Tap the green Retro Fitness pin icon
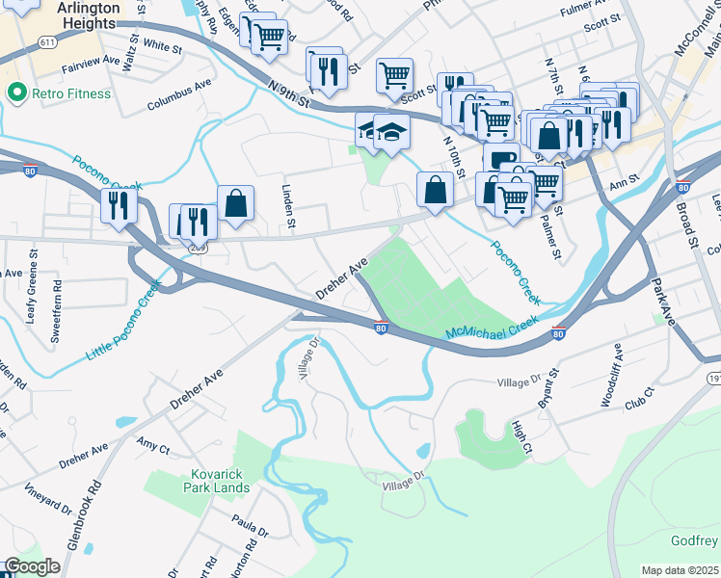15,92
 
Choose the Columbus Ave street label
179,103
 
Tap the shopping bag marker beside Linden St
235,204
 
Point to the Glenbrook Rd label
82,516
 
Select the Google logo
32,566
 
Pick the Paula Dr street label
249,528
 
